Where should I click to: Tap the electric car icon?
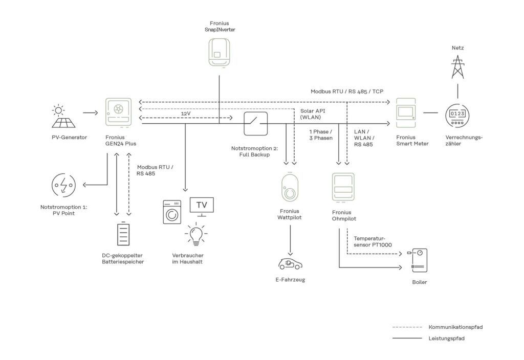[290, 264]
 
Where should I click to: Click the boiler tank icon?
[419, 261]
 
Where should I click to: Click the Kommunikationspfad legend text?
[455, 326]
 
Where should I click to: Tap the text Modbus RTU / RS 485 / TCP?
[347, 91]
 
